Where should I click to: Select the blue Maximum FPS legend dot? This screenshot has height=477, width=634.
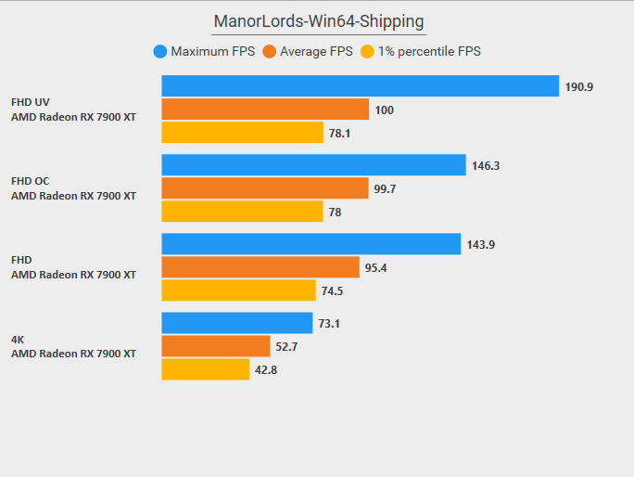pyautogui.click(x=160, y=52)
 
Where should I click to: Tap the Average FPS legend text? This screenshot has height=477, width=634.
pyautogui.click(x=316, y=52)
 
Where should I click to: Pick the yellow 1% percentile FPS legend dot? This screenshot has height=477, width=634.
pyautogui.click(x=368, y=52)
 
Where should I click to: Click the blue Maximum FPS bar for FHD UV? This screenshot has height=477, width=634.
pyautogui.click(x=360, y=86)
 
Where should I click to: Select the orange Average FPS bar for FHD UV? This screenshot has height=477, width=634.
pyautogui.click(x=265, y=110)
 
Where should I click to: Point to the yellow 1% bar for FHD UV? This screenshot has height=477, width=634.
pyautogui.click(x=242, y=133)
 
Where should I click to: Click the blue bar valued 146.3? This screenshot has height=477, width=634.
pyautogui.click(x=313, y=165)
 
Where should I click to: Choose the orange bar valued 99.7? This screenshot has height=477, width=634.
pyautogui.click(x=264, y=188)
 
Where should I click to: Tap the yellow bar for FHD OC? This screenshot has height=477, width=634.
pyautogui.click(x=242, y=212)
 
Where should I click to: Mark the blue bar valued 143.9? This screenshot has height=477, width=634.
pyautogui.click(x=311, y=244)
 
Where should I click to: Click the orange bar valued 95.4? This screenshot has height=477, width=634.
pyautogui.click(x=260, y=267)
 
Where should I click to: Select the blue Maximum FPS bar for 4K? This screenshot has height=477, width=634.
pyautogui.click(x=237, y=323)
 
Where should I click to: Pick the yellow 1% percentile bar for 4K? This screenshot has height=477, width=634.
pyautogui.click(x=206, y=369)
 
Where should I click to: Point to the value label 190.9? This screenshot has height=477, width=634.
pyautogui.click(x=579, y=87)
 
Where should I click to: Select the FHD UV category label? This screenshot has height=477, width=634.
pyautogui.click(x=31, y=102)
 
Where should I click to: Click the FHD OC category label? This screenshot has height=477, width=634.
pyautogui.click(x=31, y=181)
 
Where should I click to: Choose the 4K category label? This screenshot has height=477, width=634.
pyautogui.click(x=18, y=339)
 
